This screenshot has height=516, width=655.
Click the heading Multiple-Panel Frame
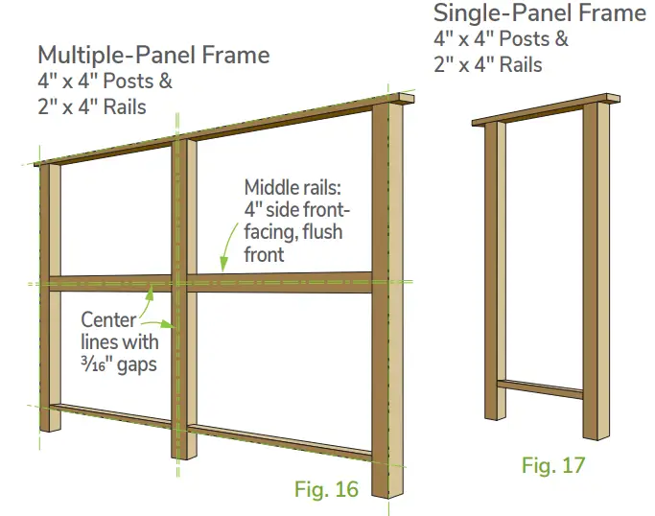point(153,54)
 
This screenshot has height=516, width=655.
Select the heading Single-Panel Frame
point(540,13)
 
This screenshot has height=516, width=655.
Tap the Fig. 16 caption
point(326,489)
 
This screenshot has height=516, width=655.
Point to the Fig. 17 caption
point(553,466)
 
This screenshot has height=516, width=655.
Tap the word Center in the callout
point(108,319)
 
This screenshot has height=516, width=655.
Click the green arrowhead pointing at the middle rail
point(222,266)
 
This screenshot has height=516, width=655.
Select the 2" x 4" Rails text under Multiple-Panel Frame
point(92,106)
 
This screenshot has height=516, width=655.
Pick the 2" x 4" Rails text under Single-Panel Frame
point(488,65)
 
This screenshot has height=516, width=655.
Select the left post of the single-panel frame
point(495,269)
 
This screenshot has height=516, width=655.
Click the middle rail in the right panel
point(278,282)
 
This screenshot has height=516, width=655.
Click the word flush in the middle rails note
point(316,233)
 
